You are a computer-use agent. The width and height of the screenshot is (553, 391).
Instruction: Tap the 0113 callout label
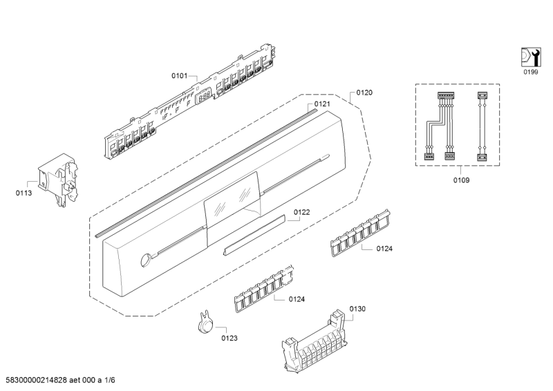24,193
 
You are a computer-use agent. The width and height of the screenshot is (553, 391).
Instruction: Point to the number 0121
322,104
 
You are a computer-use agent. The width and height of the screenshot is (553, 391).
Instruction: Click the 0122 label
301,212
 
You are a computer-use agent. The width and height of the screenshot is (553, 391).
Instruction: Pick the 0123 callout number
229,338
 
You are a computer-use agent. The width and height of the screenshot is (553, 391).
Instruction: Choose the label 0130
357,309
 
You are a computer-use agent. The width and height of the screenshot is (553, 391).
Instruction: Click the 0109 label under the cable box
460,180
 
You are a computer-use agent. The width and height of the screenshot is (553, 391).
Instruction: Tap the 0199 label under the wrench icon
529,72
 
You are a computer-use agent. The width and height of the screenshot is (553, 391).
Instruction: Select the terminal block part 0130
315,338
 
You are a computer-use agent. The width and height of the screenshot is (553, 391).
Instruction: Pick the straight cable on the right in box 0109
482,125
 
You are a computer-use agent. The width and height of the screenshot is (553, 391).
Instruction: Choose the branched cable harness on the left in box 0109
440,125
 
